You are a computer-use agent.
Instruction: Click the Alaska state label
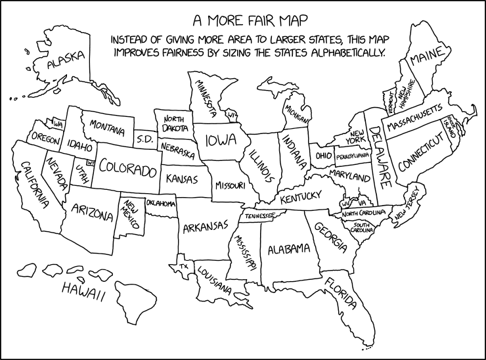click(x=67, y=60)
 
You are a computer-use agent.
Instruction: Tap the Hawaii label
click(x=83, y=292)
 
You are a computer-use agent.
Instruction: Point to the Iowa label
click(x=221, y=141)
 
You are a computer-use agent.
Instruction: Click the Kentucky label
click(x=299, y=196)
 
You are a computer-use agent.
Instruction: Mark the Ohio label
click(x=323, y=156)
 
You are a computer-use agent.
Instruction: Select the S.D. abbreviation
click(x=144, y=139)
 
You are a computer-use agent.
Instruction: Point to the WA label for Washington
click(x=58, y=124)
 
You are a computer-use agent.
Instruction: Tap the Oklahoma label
click(x=161, y=204)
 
